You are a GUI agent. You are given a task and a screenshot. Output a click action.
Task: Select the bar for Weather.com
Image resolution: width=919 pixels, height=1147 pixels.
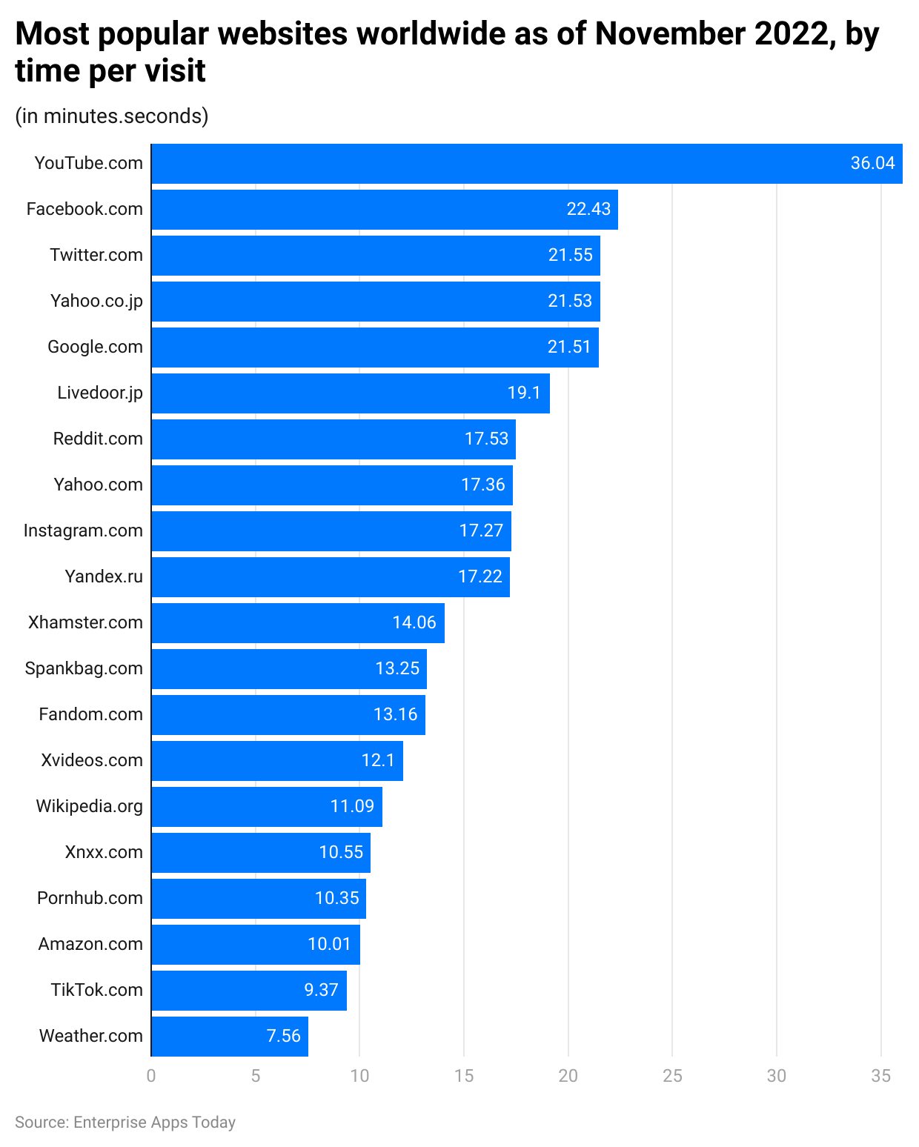[230, 1036]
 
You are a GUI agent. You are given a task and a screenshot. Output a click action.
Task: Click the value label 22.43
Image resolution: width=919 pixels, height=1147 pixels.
[588, 209]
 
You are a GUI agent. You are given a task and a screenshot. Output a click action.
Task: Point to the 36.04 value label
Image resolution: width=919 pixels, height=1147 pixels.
[872, 163]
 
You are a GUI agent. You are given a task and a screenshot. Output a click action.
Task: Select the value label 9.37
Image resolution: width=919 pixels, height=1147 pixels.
[321, 990]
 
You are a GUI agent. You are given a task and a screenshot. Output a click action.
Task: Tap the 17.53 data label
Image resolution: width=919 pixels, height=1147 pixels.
[486, 439]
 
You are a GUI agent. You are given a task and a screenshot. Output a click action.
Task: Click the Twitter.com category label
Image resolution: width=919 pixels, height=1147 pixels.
[96, 255]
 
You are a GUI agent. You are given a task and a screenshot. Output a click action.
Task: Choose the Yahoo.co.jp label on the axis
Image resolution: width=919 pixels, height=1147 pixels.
[96, 301]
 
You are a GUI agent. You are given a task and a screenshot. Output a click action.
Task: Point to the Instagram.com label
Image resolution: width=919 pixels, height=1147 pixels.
[83, 531]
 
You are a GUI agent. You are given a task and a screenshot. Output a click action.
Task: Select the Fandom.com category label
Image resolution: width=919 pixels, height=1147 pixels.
[90, 714]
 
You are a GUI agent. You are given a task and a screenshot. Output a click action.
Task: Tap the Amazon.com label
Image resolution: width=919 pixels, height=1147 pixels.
[90, 944]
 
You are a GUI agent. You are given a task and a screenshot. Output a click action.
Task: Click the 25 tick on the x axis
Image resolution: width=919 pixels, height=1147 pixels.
[672, 1076]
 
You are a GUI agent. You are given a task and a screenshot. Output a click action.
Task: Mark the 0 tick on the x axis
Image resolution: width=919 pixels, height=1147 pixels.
[151, 1076]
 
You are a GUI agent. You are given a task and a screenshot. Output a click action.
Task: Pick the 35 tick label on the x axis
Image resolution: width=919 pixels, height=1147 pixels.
[880, 1076]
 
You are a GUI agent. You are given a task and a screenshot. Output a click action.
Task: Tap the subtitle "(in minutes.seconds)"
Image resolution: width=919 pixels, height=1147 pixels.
[112, 116]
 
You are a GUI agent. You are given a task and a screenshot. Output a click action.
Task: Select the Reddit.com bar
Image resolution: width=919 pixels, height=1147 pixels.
[334, 439]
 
